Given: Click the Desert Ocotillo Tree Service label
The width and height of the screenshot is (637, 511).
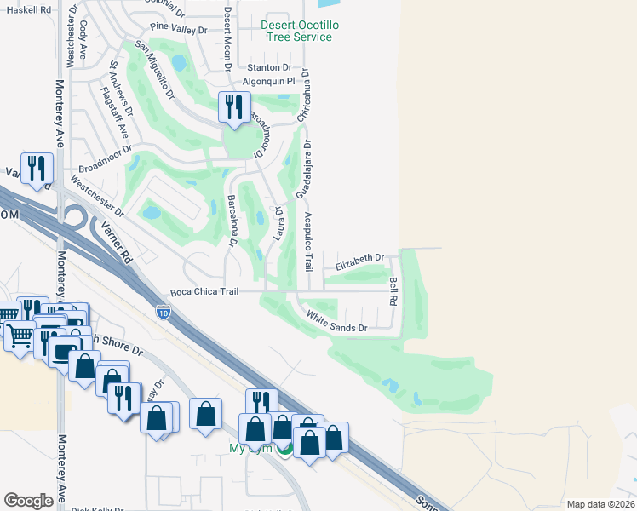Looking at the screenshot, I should (x=299, y=32).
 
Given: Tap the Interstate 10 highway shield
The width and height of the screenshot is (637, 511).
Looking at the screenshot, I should (x=163, y=313).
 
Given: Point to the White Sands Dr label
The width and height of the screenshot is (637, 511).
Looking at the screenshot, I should (x=337, y=321).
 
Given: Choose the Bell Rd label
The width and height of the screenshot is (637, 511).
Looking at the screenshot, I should (x=393, y=291).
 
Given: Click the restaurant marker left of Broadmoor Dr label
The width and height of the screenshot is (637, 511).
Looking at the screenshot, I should (x=35, y=168).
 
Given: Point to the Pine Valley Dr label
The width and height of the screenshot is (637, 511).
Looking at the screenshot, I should (x=179, y=30).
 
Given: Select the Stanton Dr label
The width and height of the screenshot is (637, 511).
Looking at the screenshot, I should (x=269, y=67).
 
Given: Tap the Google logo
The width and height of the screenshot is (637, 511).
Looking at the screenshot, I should (x=29, y=500).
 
